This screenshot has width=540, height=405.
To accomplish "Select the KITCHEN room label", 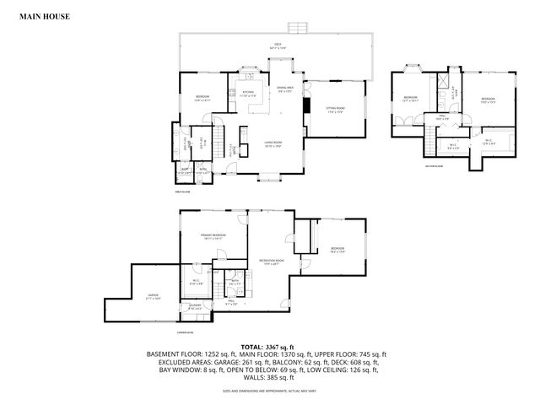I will click(249, 93).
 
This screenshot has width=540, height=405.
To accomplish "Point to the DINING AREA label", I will click(286, 88).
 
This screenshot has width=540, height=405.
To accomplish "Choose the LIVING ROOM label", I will click(271, 144).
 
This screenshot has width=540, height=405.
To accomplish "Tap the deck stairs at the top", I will click(296, 27).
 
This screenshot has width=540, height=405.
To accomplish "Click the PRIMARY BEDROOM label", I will click(212, 236).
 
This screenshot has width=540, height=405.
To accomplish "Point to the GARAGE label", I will click(153, 296).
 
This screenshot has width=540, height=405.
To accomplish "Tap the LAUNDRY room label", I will click(195, 305).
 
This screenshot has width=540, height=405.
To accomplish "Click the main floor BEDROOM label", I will click(202, 99).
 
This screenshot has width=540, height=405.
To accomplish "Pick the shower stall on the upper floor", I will click(441, 81).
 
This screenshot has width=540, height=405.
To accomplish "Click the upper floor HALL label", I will click(441, 117).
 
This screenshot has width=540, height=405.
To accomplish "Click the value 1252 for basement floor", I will click(216, 354).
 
